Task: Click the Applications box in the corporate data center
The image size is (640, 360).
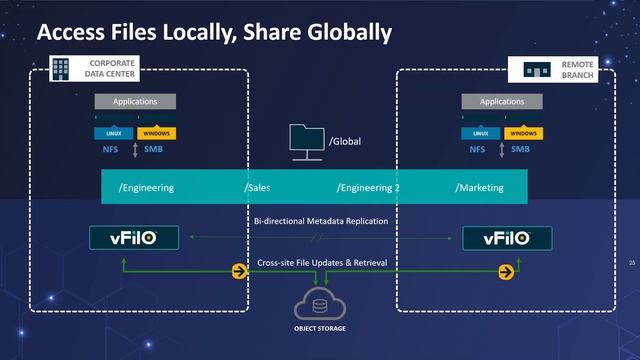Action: click(x=134, y=101)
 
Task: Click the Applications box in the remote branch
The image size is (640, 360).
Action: click(x=502, y=101)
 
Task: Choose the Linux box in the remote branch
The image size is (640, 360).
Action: click(x=481, y=133)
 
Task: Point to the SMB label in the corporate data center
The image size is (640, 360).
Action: click(x=153, y=150)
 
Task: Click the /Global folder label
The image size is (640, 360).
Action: click(x=344, y=141)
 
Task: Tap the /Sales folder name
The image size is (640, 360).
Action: click(x=257, y=188)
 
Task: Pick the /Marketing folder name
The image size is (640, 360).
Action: click(x=479, y=188)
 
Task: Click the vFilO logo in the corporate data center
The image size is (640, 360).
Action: click(x=134, y=238)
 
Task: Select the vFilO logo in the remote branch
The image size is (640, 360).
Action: click(x=505, y=238)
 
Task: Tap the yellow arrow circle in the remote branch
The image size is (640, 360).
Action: click(x=508, y=271)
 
